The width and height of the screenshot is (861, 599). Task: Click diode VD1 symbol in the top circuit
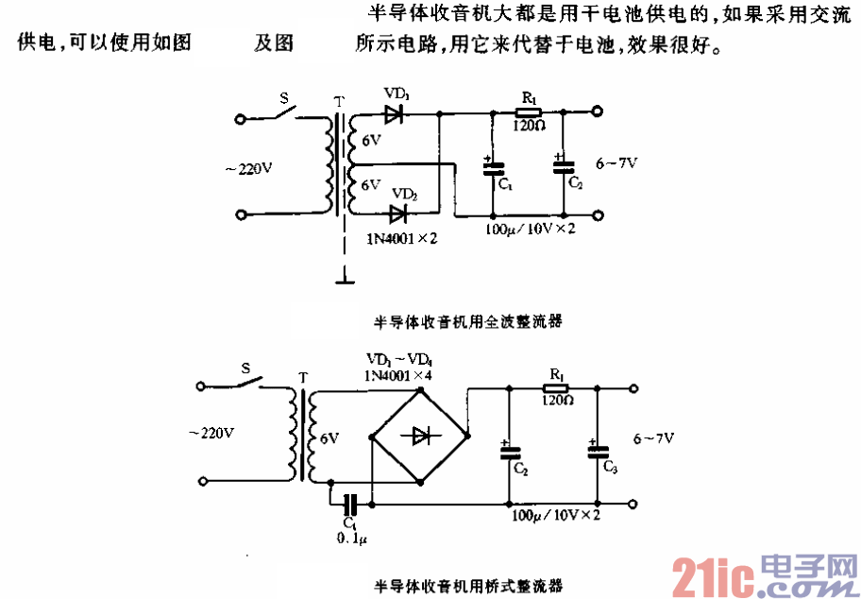point(396,114)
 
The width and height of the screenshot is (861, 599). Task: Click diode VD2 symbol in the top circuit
point(403,214)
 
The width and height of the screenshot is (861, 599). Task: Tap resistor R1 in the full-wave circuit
point(529,112)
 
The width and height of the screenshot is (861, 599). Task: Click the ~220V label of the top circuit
point(248,169)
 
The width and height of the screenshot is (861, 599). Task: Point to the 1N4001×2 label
point(403,238)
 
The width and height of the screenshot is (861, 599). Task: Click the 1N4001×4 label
point(398,375)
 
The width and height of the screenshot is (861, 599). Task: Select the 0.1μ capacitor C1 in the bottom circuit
point(352,505)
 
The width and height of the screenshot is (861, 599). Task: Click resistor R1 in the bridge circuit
point(555,386)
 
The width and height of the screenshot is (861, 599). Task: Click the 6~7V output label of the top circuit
point(616,163)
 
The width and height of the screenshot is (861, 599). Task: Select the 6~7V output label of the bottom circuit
point(653,438)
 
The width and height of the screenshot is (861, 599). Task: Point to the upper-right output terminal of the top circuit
point(596,112)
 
